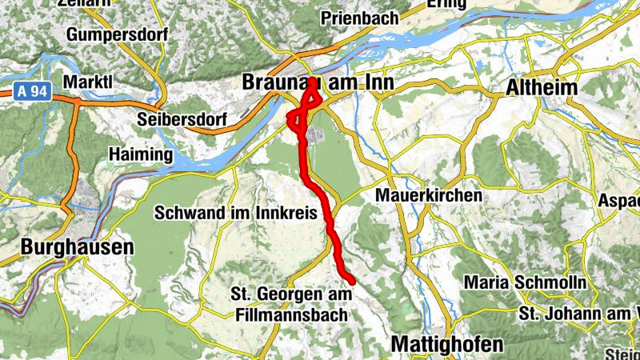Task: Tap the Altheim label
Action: tap(542, 83)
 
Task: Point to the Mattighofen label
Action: tap(447, 344)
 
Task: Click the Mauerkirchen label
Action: tap(430, 195)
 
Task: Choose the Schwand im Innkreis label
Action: tap(238, 214)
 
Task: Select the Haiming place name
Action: tap(140, 154)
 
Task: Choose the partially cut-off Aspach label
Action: tap(619, 201)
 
